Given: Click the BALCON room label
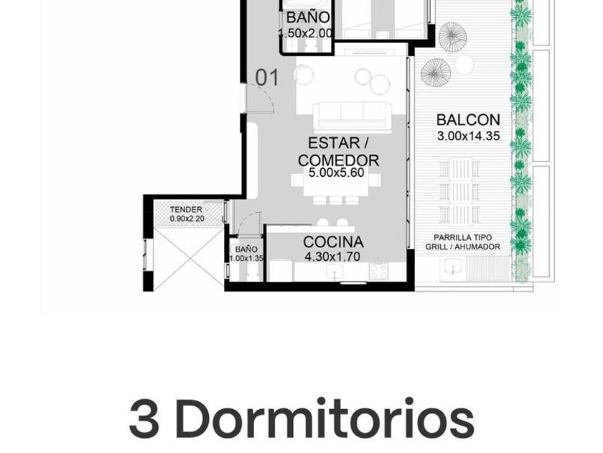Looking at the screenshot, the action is point(468,120).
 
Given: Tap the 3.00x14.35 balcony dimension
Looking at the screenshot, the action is point(468,136).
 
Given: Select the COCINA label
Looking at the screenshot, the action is point(333,242).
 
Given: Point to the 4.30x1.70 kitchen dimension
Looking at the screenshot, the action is point(332,257).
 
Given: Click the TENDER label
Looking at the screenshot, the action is point(186,209).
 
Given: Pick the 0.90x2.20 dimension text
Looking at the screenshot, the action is point(187,219).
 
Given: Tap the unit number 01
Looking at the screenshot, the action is point(267,78).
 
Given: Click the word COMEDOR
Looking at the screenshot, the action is point(338,160).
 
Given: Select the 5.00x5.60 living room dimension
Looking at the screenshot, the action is point(337,173).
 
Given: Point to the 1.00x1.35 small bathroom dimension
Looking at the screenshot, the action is point(246,258).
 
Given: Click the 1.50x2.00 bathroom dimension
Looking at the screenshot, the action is point(305,34).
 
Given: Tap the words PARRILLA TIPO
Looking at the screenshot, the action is point(462,238).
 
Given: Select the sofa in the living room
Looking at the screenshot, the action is point(352,116).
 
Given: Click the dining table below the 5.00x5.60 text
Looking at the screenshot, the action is point(336,187).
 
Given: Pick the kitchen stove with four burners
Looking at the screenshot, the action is point(378,271).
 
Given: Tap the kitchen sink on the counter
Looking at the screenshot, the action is point(335,273).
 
